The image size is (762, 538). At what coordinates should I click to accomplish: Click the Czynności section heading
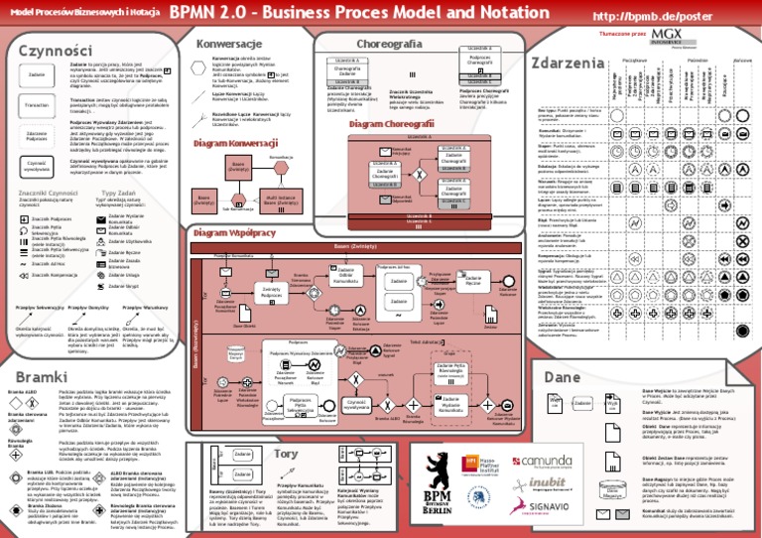point(48,49)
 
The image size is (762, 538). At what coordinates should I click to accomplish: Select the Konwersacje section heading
point(228,45)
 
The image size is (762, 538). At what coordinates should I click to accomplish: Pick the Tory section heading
point(286,453)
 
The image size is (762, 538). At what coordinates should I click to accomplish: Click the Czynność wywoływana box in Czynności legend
point(37,164)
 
